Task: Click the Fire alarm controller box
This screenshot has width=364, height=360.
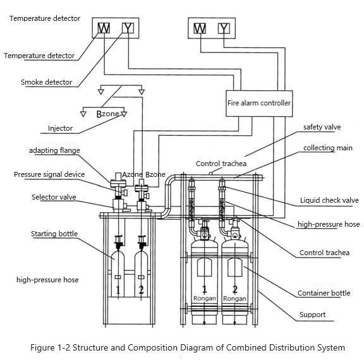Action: coord(259,102)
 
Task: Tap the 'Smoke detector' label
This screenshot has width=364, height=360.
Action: coord(46,82)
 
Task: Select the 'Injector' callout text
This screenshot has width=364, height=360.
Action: coord(61,128)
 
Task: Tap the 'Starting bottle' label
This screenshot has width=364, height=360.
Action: coord(54,234)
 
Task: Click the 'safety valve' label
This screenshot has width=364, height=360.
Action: coord(322,127)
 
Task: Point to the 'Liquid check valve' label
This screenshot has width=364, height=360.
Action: coord(329,201)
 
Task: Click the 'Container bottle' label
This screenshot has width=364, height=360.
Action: coord(324,293)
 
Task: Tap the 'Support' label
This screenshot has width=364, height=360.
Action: coord(312,314)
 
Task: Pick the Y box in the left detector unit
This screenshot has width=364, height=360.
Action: coord(129,28)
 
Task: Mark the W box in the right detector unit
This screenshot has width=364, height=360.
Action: coord(200,28)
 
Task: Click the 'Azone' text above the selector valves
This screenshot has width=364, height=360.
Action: coord(132,174)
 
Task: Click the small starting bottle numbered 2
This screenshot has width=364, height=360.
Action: coord(142,278)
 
